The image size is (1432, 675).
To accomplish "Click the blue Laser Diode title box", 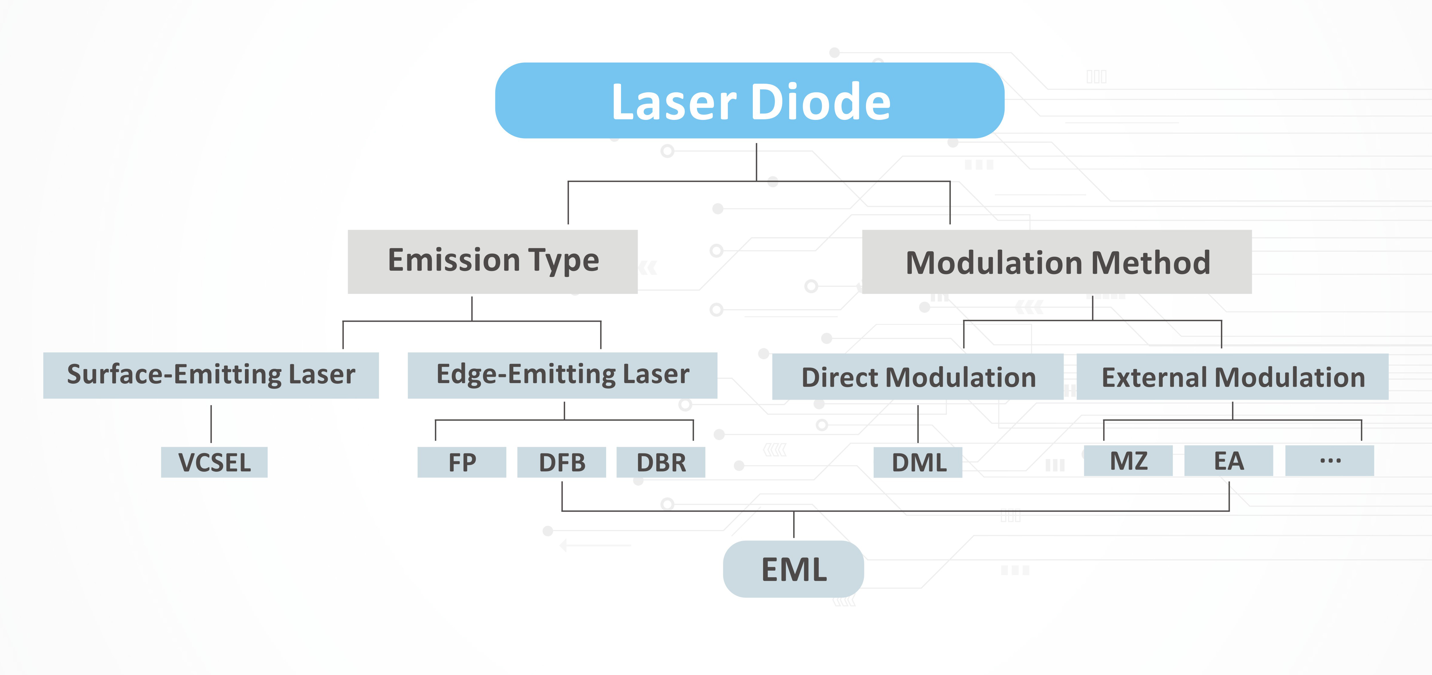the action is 749,100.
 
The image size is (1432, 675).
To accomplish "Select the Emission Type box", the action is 492,262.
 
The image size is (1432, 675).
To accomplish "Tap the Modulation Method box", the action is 1057,262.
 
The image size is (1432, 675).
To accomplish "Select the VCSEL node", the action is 214,462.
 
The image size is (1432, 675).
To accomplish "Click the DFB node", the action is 561,462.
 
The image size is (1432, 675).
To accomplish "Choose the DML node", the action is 918,462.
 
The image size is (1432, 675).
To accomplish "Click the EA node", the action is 1229,460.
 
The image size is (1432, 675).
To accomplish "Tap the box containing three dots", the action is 1329,460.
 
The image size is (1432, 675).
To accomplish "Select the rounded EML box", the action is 793,569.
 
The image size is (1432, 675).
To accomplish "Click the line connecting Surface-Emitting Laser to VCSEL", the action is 211,424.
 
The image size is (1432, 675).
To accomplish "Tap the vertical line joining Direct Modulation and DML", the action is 918,424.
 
